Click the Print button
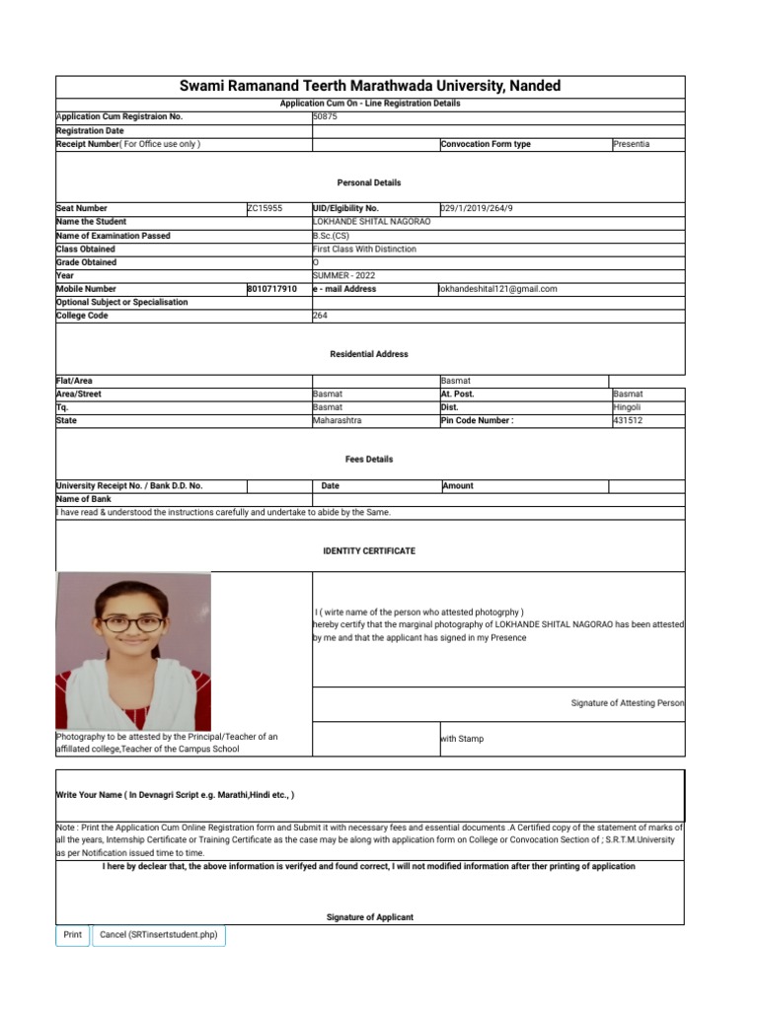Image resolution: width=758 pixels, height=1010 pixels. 72,934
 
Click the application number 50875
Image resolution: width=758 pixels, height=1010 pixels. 325,116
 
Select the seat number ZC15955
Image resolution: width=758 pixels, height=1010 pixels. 265,209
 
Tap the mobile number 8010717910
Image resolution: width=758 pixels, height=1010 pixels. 271,289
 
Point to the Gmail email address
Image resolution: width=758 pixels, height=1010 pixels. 498,289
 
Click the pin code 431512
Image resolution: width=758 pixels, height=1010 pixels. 628,420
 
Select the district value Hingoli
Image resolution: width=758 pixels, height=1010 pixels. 627,407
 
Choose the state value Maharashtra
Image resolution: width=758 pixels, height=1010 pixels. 338,420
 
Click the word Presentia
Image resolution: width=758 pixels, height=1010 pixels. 631,144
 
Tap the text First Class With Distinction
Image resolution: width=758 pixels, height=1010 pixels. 364,250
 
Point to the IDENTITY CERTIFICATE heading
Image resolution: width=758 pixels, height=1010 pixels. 369,550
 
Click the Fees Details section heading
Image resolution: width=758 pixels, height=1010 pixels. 369,459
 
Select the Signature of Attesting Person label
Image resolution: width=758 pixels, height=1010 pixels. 627,703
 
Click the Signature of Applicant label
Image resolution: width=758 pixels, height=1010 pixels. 369,917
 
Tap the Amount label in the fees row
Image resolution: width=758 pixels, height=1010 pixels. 458,485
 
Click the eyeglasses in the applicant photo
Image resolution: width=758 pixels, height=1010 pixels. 132,623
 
